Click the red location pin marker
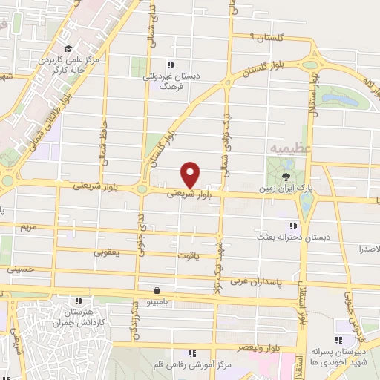coord(191,174)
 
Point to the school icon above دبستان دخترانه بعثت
coord(292,225)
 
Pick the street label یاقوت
coord(188,255)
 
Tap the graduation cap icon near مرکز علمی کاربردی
coord(69,49)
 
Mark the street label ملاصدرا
coord(367,249)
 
